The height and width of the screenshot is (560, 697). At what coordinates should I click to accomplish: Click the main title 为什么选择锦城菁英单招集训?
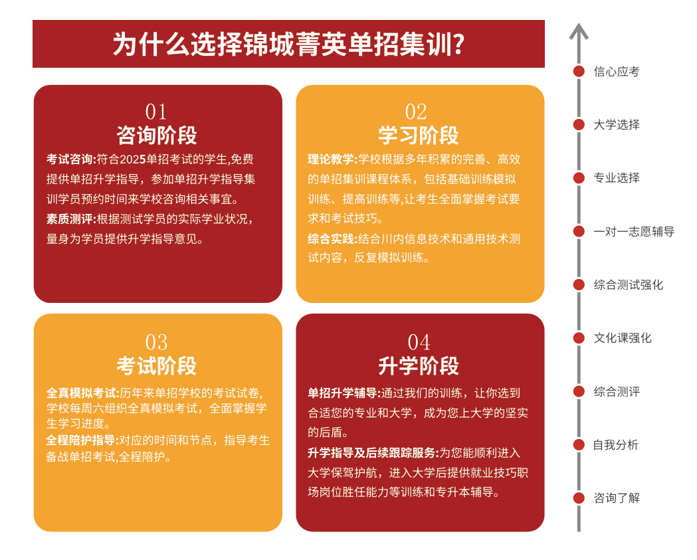288,45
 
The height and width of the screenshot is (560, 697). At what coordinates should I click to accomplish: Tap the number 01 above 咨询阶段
156,112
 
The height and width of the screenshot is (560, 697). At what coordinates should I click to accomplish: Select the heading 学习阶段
419,135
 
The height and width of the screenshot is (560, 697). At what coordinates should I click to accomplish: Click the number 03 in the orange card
156,342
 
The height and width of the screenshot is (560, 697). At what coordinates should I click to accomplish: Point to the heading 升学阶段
419,366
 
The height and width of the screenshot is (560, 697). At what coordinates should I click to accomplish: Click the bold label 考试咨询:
71,159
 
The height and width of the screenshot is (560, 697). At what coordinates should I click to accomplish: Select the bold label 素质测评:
71,219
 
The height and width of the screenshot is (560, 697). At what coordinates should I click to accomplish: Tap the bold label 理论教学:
332,159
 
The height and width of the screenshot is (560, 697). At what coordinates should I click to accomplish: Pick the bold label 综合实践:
332,238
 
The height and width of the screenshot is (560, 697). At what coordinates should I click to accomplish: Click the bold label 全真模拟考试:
82,393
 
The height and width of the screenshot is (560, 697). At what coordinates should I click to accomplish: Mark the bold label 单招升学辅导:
344,393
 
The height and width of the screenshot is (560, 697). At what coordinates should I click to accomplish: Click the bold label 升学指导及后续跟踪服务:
373,452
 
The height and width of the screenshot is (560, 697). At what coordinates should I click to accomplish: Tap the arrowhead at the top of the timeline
579,25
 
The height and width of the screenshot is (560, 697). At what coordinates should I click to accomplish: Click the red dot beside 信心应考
579,71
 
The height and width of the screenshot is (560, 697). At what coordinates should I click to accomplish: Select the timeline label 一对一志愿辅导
634,231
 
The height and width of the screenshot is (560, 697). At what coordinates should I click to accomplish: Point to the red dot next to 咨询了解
579,498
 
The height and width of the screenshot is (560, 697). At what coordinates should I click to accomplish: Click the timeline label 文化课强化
623,337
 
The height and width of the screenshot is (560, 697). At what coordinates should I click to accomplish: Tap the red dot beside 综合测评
579,391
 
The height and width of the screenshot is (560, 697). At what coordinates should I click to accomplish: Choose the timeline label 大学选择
617,124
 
